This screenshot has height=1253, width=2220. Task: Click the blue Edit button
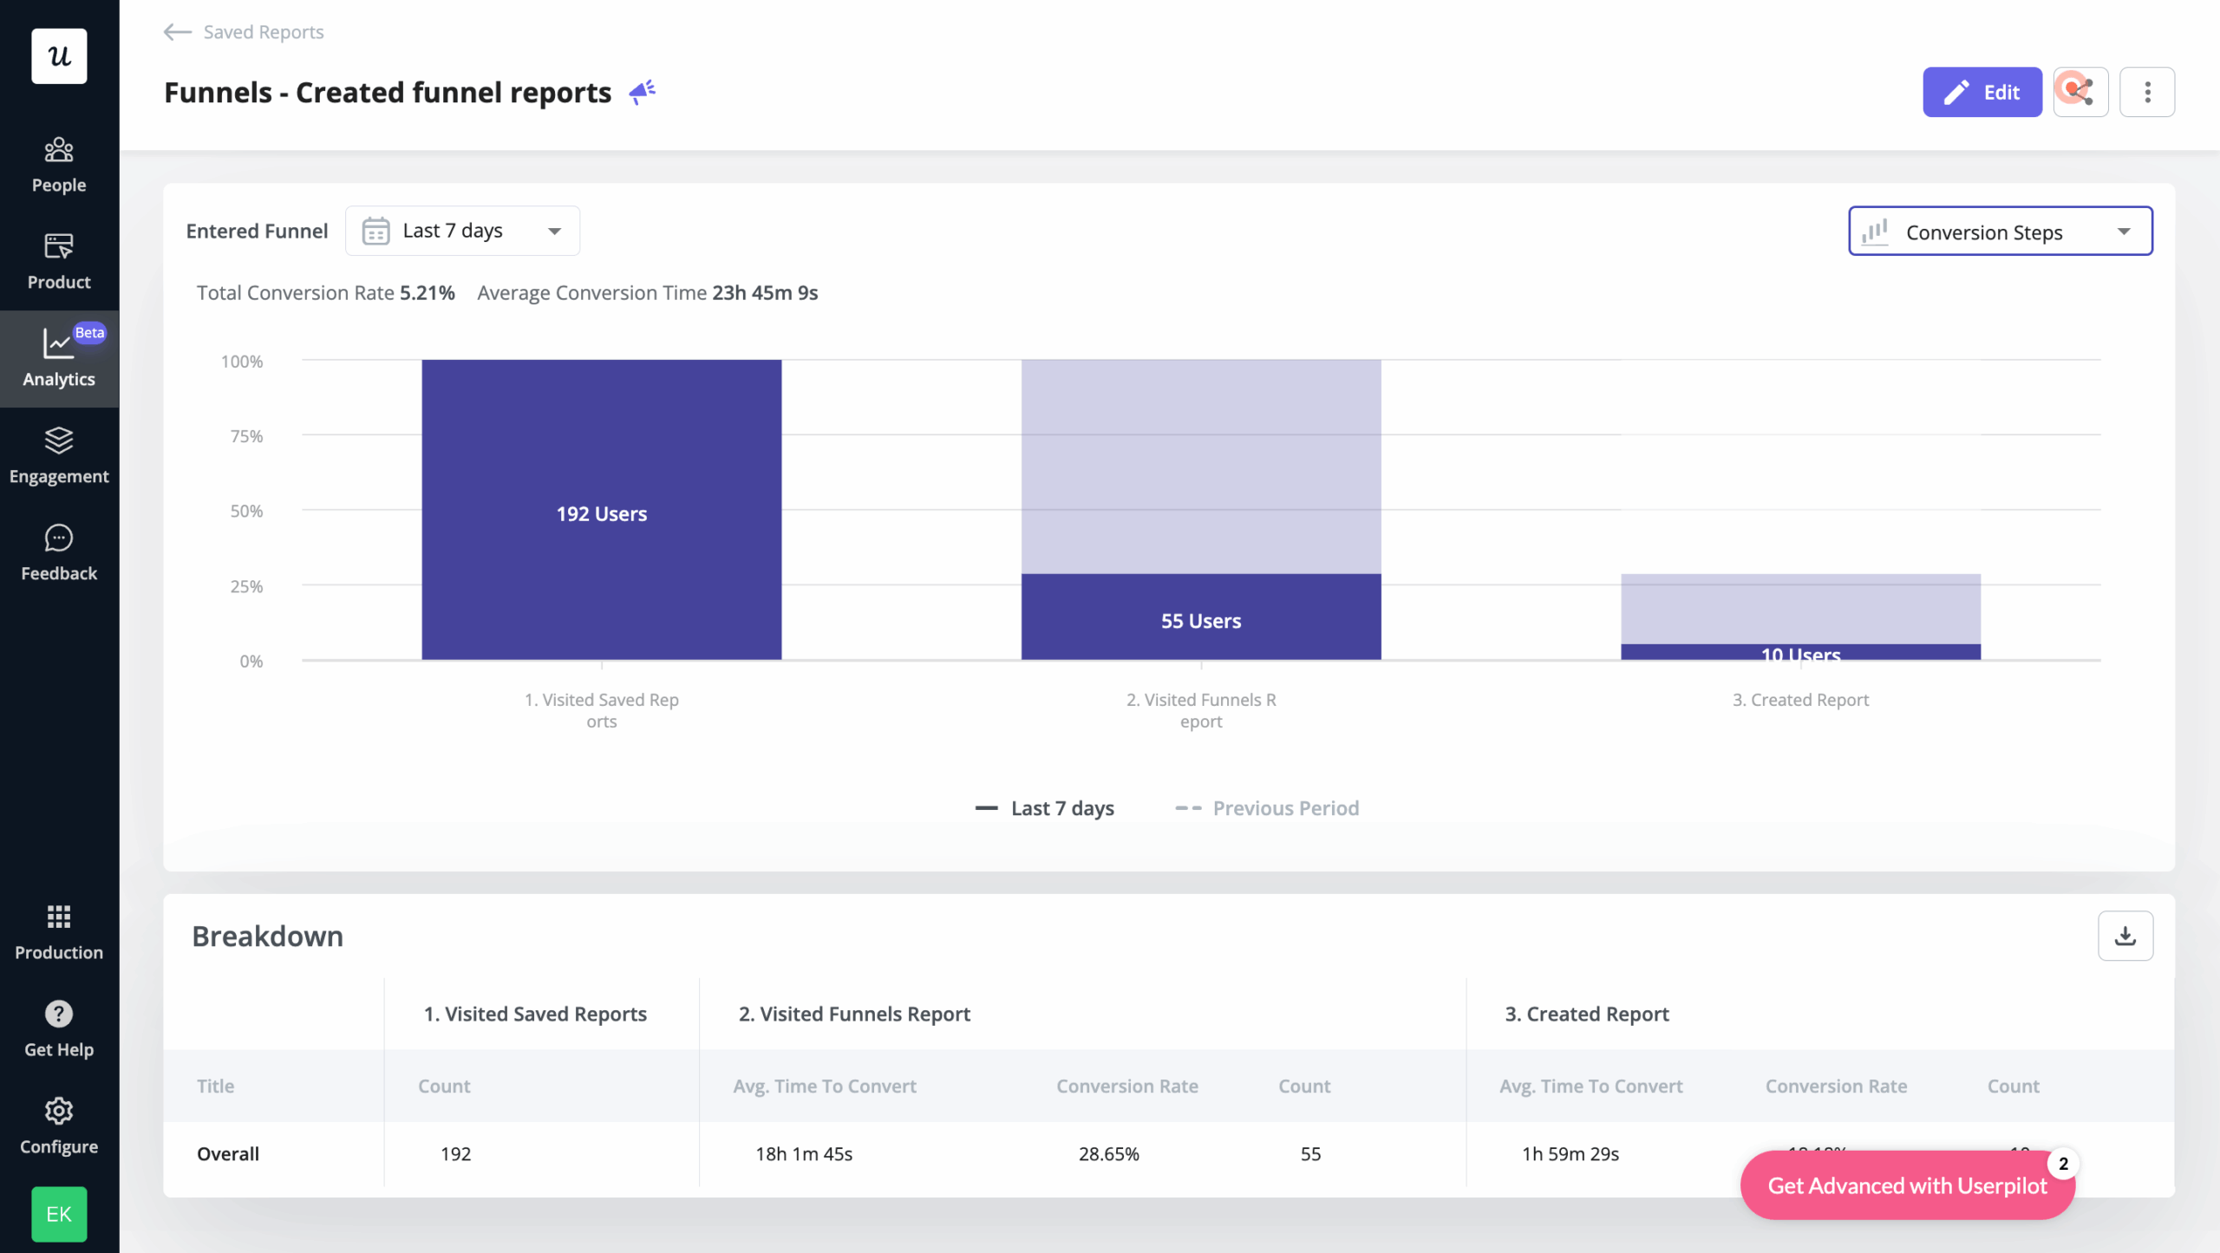1982,92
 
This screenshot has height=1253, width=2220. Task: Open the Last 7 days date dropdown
462,231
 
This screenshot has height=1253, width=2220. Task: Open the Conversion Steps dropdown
2000,232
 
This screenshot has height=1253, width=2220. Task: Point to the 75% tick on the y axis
246,436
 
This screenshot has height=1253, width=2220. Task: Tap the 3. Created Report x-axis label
1800,700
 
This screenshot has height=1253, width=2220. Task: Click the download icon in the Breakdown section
2125,936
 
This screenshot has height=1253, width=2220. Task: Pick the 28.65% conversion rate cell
1108,1154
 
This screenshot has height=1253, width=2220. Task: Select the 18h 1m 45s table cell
804,1154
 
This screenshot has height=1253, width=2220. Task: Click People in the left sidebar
59,165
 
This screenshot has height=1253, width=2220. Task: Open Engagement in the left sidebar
59,456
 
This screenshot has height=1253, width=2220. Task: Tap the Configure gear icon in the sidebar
59,1111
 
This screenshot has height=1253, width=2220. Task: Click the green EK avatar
59,1214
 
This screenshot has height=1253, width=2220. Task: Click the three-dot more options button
2146,92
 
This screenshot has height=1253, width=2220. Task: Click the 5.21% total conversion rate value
427,293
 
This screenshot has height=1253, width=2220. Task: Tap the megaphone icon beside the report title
642,92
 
